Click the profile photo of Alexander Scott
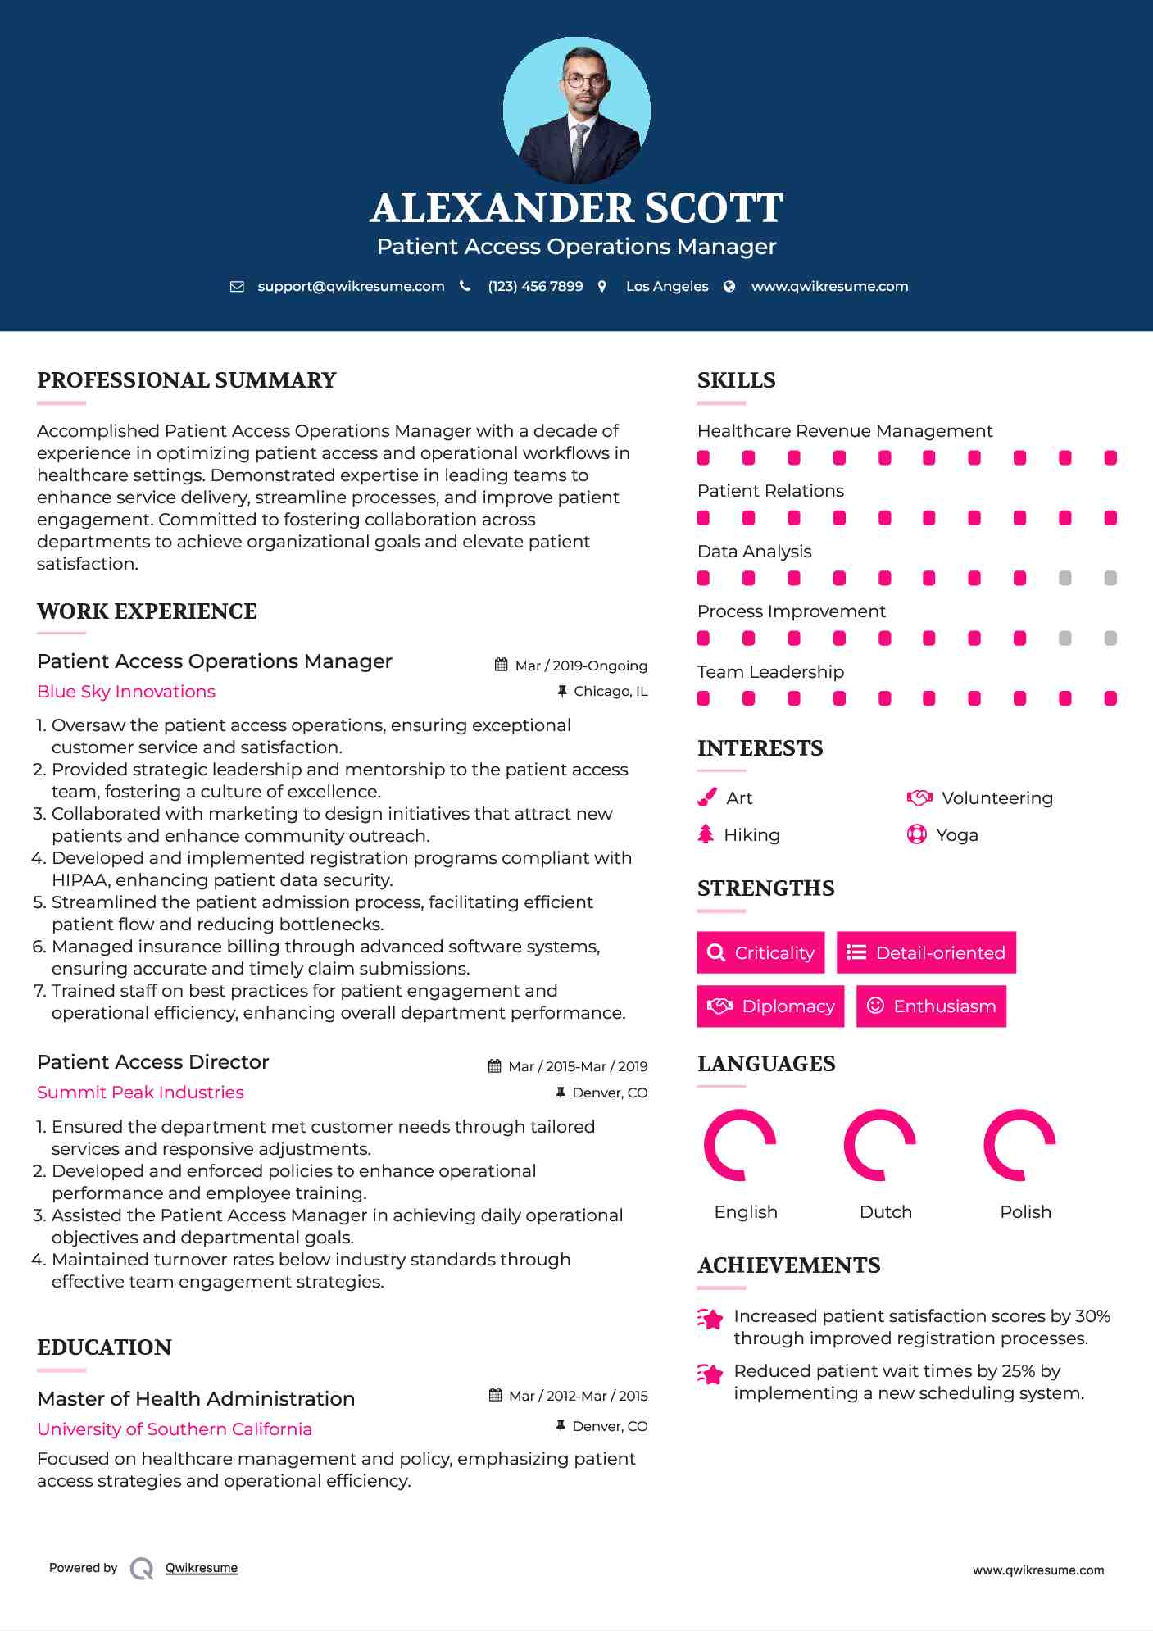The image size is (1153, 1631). point(576,110)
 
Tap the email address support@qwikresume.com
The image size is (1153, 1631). point(351,287)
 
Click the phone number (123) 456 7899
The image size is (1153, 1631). point(535,287)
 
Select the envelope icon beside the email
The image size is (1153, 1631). point(237,287)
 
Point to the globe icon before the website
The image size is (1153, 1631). point(729,287)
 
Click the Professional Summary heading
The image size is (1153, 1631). point(187,380)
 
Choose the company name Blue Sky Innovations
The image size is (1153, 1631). point(126,692)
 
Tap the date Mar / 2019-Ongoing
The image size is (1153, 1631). point(580,666)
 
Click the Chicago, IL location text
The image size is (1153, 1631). point(611,692)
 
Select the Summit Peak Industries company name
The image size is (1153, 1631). point(140,1093)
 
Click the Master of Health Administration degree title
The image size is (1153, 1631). point(196,1399)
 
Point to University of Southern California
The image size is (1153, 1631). point(175,1429)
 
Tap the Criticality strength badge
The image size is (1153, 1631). point(760,952)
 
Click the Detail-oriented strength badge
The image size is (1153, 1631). point(926,952)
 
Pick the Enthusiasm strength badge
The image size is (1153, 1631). point(931,1006)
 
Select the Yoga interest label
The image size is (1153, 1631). point(957,835)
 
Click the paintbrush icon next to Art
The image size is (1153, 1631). point(706,797)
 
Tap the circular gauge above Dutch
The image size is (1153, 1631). point(879,1145)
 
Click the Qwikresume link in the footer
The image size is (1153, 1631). point(202,1568)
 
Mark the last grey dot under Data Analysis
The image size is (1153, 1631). point(1110,579)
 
